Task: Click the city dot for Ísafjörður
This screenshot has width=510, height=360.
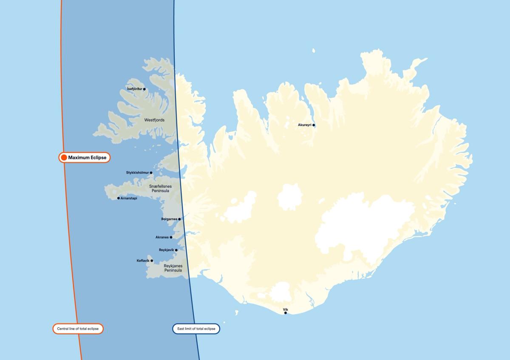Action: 144,89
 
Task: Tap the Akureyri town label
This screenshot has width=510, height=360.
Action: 305,125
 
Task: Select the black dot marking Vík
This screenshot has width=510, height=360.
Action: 286,313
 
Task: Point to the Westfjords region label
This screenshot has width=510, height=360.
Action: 154,120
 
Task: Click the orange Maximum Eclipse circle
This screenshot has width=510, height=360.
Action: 64,158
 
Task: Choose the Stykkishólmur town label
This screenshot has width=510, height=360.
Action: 137,173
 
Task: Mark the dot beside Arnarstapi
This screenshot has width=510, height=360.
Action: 119,198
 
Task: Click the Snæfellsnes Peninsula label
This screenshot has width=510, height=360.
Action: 159,188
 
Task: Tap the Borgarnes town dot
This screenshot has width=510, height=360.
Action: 179,219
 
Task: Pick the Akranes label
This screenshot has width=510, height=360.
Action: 162,237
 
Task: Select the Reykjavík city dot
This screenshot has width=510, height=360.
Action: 176,250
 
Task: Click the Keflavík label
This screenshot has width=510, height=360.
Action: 143,261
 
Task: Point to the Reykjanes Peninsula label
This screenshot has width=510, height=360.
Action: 173,268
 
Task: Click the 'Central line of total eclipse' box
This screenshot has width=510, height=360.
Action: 78,329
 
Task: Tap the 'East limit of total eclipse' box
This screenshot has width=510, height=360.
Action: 196,329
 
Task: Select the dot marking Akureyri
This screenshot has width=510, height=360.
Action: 314,125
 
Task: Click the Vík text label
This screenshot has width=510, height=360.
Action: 285,309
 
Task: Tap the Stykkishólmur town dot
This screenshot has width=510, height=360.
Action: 151,173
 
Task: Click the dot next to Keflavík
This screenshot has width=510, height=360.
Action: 152,261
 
